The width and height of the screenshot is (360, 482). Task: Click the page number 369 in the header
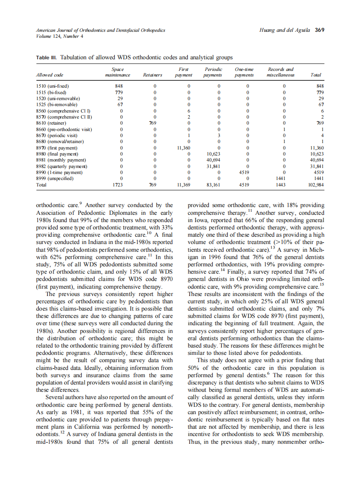point(319,30)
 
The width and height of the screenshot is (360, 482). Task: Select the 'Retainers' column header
point(153,75)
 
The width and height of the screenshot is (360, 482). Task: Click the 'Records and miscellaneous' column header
point(281,72)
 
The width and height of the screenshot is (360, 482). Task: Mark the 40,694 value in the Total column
point(316,160)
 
